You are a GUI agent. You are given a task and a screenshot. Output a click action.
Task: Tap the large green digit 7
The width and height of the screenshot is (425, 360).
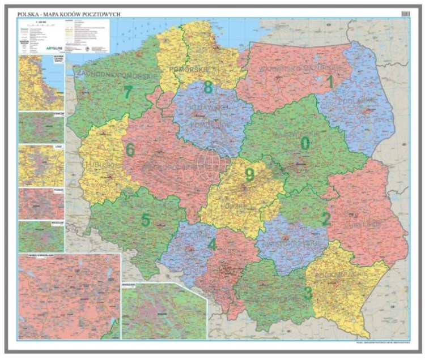[x=128, y=91]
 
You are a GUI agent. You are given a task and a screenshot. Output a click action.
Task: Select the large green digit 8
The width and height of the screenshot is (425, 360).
[x=208, y=87]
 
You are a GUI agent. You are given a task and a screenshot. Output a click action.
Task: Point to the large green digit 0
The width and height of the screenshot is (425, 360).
[x=305, y=144]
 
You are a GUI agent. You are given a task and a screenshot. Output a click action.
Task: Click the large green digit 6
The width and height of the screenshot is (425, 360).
[x=130, y=150]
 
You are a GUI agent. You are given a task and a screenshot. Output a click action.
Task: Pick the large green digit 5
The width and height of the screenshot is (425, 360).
[x=146, y=220]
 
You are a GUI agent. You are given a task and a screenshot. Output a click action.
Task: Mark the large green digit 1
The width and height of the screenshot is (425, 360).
[x=330, y=82]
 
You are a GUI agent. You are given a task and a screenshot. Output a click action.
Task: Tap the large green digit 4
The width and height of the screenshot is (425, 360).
[x=212, y=245]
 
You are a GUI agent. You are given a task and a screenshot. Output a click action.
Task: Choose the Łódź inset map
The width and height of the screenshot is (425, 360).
[x=41, y=165]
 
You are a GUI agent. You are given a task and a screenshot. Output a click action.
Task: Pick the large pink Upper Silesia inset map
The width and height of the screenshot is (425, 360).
[x=69, y=296]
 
